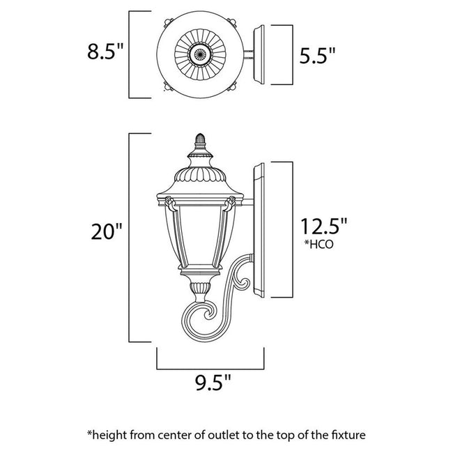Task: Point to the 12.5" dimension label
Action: [x=323, y=227]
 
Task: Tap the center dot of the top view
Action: [x=201, y=54]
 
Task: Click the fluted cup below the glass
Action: [x=199, y=286]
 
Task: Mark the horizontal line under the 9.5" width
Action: [x=211, y=367]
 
